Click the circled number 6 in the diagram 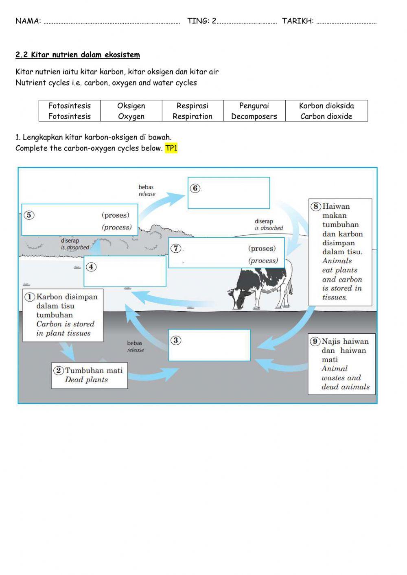click(x=195, y=188)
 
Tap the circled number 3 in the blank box click(x=175, y=340)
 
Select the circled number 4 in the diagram click(x=91, y=267)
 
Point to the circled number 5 click(x=28, y=215)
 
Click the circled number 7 click(x=175, y=248)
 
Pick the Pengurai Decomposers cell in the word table click(x=254, y=111)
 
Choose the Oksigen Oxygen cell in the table click(x=131, y=111)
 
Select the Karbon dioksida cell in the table click(x=326, y=111)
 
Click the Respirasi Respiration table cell click(x=193, y=111)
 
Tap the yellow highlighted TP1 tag click(x=171, y=148)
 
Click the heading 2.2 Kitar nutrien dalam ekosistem click(x=77, y=55)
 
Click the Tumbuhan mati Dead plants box click(x=89, y=375)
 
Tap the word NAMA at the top click(x=28, y=21)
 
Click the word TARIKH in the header click(x=298, y=21)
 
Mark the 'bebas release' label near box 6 click(x=147, y=190)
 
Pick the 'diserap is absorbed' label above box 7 click(x=269, y=225)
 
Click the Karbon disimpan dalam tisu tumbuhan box click(x=63, y=315)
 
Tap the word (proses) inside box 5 click(x=116, y=215)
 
